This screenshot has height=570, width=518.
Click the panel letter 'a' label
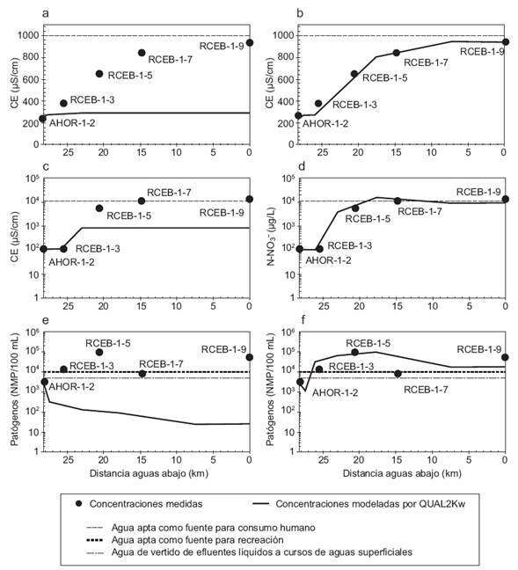[45, 11]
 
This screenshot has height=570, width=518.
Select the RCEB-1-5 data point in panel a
[99, 74]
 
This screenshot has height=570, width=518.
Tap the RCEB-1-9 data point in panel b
[505, 42]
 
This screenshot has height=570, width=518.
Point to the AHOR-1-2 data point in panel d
[298, 249]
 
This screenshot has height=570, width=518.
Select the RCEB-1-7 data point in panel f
[397, 374]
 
